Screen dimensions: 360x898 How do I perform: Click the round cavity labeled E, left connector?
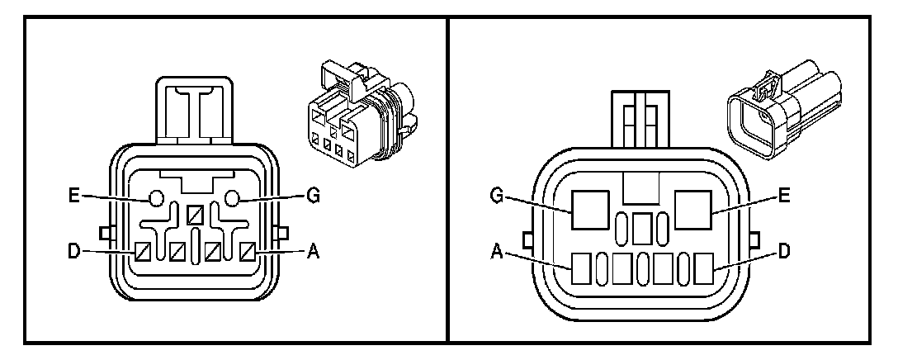click(154, 198)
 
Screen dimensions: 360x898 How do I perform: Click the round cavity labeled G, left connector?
click(233, 197)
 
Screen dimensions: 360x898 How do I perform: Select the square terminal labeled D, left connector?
click(141, 249)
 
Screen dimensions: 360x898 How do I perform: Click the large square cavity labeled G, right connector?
click(592, 208)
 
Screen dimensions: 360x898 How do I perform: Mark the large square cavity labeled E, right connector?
click(693, 208)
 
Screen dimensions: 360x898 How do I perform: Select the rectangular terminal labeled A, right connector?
click(582, 268)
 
